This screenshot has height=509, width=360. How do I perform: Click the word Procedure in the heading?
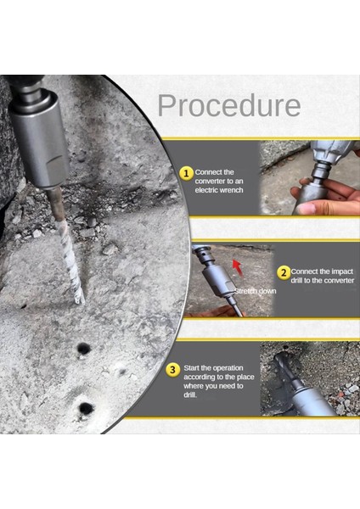[x=229, y=105]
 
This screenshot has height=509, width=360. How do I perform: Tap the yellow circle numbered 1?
[x=186, y=173]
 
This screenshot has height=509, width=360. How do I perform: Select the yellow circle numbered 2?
[x=284, y=272]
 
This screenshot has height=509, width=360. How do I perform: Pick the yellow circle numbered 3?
[x=172, y=369]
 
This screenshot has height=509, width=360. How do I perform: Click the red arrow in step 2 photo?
[x=238, y=267]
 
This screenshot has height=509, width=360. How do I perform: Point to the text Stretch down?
[x=256, y=291]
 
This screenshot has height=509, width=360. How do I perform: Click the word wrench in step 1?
[x=230, y=190]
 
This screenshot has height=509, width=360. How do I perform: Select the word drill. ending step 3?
[x=190, y=395]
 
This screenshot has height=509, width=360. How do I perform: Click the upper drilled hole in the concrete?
[x=83, y=349]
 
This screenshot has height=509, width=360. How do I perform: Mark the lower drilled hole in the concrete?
[x=86, y=408]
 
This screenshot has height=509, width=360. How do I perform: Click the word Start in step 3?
[x=191, y=368]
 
